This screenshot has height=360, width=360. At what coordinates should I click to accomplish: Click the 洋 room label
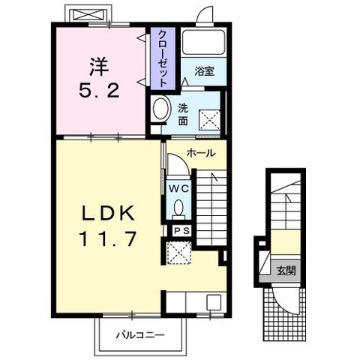click(x=99, y=67)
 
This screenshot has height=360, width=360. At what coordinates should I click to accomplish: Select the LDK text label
click(x=108, y=213)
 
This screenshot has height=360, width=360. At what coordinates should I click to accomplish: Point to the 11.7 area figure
click(x=108, y=238)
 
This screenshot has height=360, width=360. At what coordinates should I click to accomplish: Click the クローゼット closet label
click(x=163, y=58)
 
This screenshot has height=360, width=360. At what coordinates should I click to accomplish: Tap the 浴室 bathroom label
click(x=205, y=71)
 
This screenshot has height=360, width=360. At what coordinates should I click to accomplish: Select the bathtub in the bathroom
click(x=203, y=43)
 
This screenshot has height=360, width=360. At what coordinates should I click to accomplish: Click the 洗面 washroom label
click(x=183, y=115)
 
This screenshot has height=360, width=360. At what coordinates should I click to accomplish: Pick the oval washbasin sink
click(x=160, y=109)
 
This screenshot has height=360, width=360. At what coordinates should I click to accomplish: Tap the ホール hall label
click(x=201, y=153)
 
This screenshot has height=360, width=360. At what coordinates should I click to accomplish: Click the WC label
click(x=178, y=188)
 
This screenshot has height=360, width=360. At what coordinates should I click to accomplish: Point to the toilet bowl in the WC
click(x=178, y=207)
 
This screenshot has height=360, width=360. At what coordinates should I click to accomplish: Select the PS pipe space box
click(x=182, y=231)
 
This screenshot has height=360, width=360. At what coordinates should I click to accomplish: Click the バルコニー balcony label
click(x=140, y=334)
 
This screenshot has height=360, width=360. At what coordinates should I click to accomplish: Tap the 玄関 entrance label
click(x=286, y=270)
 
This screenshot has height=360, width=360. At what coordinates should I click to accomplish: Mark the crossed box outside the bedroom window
click(x=89, y=15)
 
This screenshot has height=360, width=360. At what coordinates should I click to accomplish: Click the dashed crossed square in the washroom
click(x=210, y=120)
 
